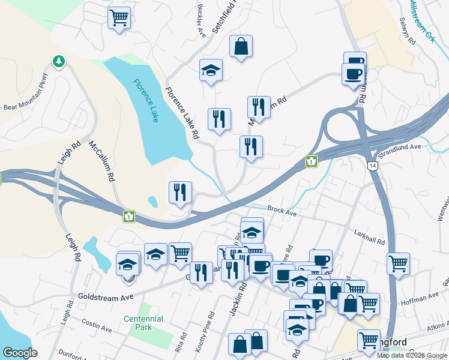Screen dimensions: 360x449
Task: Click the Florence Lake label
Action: click(146, 101)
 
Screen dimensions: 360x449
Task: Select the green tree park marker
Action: click(58, 61)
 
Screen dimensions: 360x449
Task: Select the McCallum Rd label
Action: click(101, 161)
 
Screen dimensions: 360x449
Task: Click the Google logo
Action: click(20, 353)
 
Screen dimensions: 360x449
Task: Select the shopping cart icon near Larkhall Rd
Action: click(399, 263)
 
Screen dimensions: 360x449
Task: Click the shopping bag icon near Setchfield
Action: click(241, 46)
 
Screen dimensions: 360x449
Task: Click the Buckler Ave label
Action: click(200, 20)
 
